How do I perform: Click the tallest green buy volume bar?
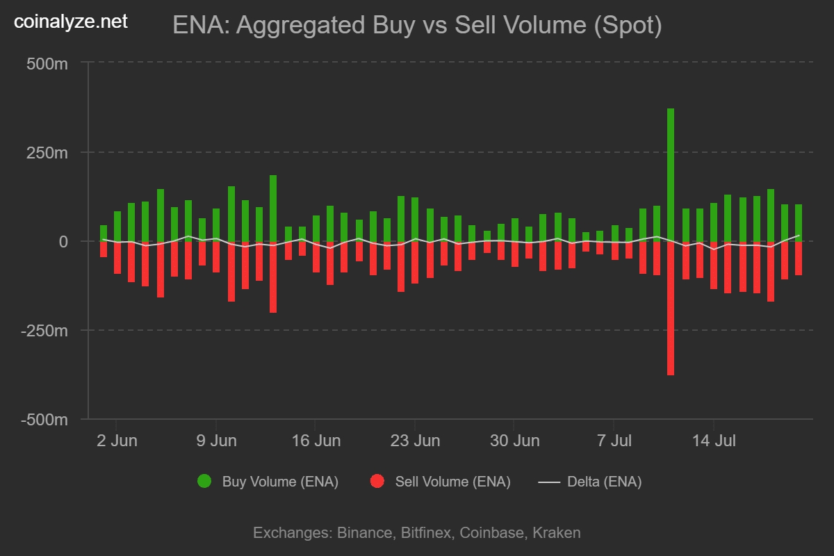click(671, 174)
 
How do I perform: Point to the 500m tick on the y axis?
click(48, 64)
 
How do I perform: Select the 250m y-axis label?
click(48, 153)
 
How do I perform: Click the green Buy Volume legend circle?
click(204, 482)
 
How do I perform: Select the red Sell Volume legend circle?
click(377, 482)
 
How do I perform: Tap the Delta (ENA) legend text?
click(604, 482)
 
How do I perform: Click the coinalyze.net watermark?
click(71, 22)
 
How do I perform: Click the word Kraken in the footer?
click(556, 533)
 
